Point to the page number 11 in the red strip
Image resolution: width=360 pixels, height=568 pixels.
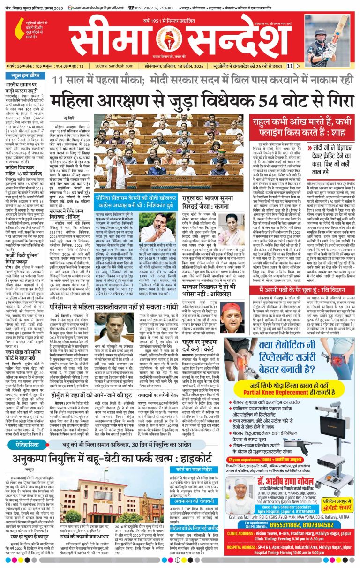(290, 67)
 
